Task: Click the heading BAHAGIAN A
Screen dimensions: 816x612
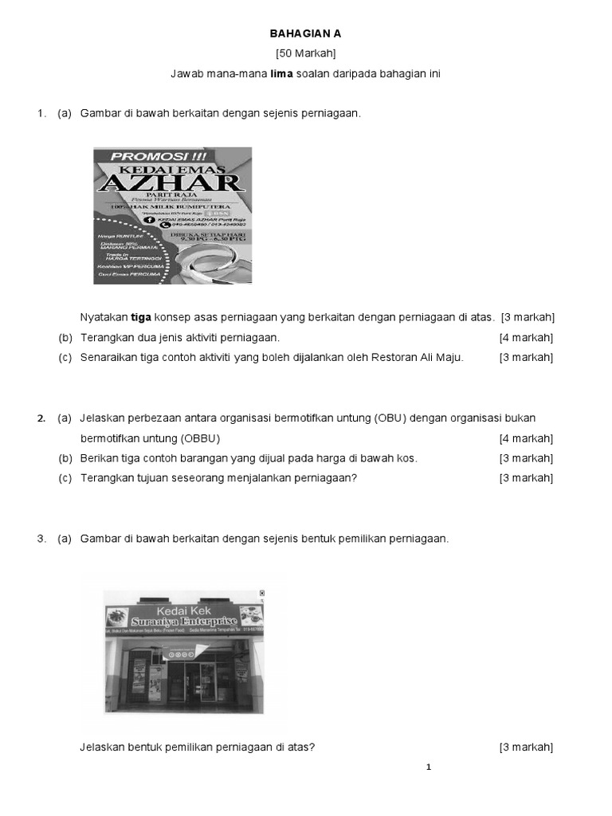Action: pyautogui.click(x=306, y=33)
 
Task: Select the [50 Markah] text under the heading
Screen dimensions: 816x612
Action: pyautogui.click(x=306, y=53)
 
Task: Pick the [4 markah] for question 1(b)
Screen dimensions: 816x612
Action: pyautogui.click(x=526, y=337)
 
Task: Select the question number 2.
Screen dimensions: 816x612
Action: pyautogui.click(x=41, y=418)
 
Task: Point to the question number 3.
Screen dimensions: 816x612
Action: pyautogui.click(x=41, y=539)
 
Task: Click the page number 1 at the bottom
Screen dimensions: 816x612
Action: pyautogui.click(x=429, y=767)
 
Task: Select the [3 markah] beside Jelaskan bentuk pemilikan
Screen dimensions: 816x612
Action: pyautogui.click(x=526, y=747)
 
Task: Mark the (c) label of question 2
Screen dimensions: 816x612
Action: pyautogui.click(x=65, y=478)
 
